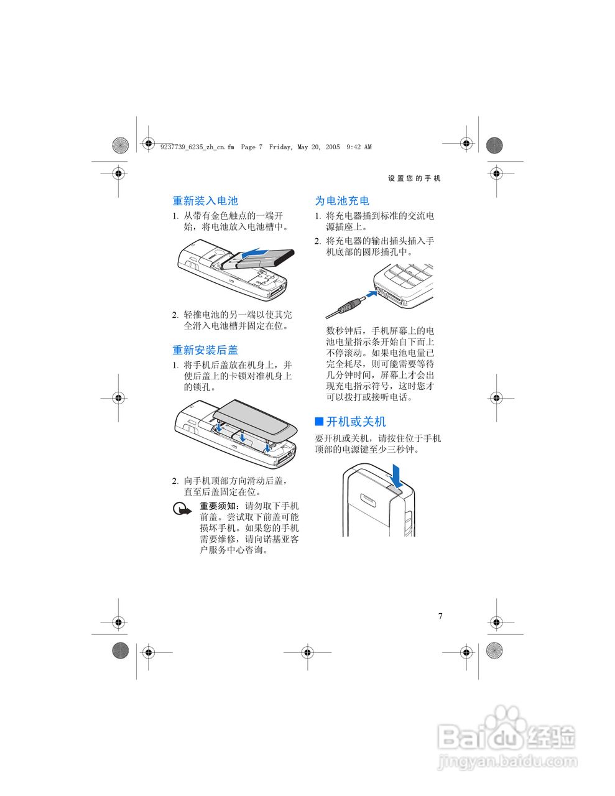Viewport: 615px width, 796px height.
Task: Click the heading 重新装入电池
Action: pyautogui.click(x=205, y=201)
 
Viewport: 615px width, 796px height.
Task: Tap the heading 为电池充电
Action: pyautogui.click(x=342, y=201)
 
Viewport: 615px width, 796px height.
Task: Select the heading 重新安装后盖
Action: pyautogui.click(x=205, y=350)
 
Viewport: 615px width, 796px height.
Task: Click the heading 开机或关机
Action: pyautogui.click(x=356, y=422)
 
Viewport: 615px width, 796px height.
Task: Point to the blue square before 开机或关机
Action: pyautogui.click(x=319, y=422)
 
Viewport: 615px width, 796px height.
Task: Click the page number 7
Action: pyautogui.click(x=440, y=616)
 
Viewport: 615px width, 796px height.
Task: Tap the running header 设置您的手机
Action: pyautogui.click(x=414, y=178)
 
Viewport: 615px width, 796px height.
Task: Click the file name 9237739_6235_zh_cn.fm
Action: pyautogui.click(x=197, y=147)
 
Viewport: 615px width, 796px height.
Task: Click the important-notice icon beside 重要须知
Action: pyautogui.click(x=182, y=511)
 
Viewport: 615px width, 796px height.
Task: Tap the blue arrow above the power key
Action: pyautogui.click(x=399, y=474)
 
